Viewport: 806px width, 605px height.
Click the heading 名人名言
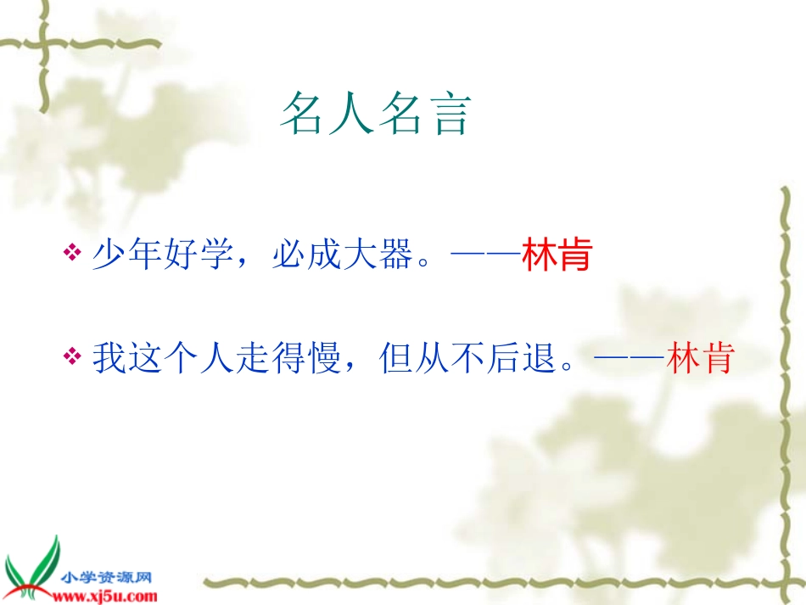[x=375, y=115]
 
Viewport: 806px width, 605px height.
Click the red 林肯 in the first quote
[x=556, y=256]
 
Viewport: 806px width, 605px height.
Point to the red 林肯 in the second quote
[x=700, y=358]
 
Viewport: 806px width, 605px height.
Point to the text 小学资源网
[x=105, y=578]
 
